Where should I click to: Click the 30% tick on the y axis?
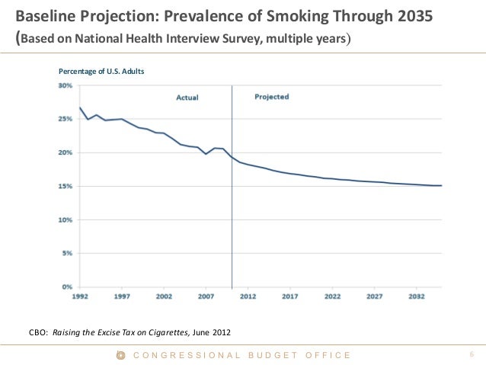[66, 86]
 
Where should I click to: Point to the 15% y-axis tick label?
[66, 187]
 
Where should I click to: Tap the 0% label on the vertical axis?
[67, 287]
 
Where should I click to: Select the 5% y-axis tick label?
[67, 254]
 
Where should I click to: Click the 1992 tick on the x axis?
[80, 297]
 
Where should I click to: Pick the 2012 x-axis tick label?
[248, 297]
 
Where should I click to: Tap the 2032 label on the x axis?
[416, 297]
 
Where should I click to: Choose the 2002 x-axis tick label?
[164, 297]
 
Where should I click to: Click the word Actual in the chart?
[187, 98]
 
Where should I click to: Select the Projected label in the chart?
[271, 98]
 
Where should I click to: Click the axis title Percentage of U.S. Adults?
[101, 71]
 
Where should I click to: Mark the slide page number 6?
[472, 355]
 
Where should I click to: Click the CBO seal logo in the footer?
[120, 355]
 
